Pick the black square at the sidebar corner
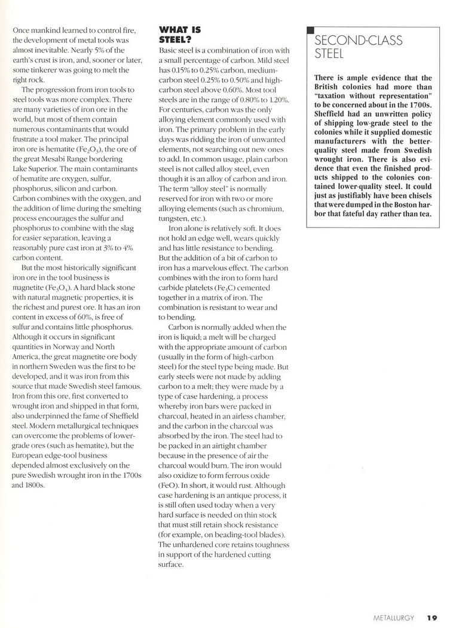(x=310, y=31)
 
